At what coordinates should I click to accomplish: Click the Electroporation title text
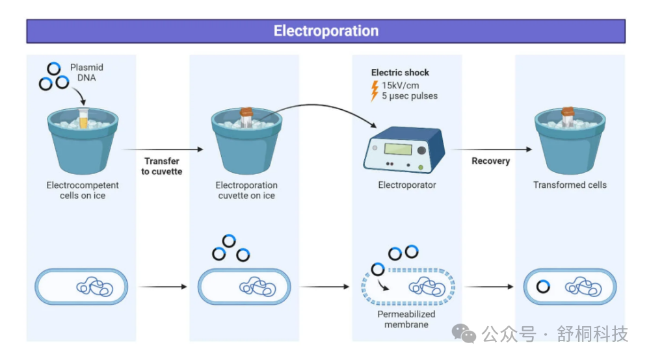pyautogui.click(x=326, y=31)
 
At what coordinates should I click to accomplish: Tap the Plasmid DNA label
pyautogui.click(x=86, y=72)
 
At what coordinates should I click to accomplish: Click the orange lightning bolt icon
pyautogui.click(x=375, y=90)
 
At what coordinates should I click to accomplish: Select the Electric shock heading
pyautogui.click(x=400, y=72)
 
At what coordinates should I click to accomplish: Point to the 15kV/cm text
pyautogui.click(x=400, y=85)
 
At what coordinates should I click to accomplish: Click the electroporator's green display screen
pyautogui.click(x=398, y=149)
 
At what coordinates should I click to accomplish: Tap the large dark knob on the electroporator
pyautogui.click(x=421, y=151)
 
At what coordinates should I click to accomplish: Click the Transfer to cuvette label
pyautogui.click(x=161, y=166)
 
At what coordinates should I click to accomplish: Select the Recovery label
pyautogui.click(x=490, y=161)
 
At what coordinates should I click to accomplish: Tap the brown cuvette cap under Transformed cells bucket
pyautogui.click(x=568, y=112)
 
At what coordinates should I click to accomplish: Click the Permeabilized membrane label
pyautogui.click(x=406, y=319)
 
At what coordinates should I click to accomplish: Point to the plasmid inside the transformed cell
pyautogui.click(x=543, y=287)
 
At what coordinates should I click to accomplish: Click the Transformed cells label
pyautogui.click(x=570, y=185)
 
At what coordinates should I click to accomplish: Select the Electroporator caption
pyautogui.click(x=407, y=185)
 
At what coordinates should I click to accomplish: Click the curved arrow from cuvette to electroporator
pyautogui.click(x=315, y=105)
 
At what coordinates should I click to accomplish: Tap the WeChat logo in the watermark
pyautogui.click(x=464, y=333)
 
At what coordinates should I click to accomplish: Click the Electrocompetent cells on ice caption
pyautogui.click(x=83, y=190)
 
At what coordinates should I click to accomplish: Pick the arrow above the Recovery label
pyautogui.click(x=492, y=149)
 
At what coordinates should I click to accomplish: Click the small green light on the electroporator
pyautogui.click(x=420, y=168)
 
